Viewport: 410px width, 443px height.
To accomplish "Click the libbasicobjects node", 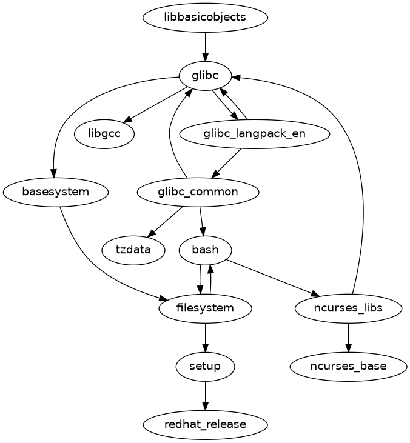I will [205, 17].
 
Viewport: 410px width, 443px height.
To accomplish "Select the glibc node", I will [205, 75].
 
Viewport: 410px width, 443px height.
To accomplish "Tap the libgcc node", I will [104, 134].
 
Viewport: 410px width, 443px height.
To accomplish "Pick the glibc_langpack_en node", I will [255, 134].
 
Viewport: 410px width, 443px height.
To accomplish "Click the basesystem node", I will [56, 192].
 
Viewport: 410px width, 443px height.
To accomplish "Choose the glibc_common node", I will [198, 192].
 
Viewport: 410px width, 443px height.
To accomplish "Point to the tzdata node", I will [133, 250].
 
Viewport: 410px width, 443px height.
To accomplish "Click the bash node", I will [205, 250].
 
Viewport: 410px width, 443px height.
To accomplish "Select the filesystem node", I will [205, 308].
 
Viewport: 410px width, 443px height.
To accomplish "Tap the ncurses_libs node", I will [348, 308].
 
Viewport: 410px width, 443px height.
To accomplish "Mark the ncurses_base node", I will [348, 366].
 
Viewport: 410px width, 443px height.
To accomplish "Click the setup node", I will [205, 366].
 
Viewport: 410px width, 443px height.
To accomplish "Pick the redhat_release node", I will [205, 424].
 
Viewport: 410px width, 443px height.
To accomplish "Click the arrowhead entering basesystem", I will [55, 173].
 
